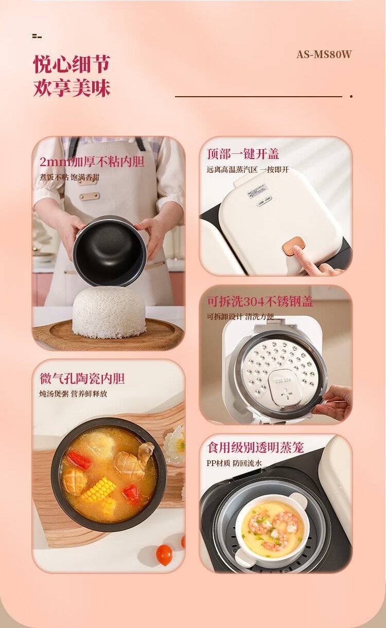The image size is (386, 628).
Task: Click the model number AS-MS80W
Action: pyautogui.click(x=324, y=54)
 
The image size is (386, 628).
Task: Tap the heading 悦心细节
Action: pyautogui.click(x=72, y=64)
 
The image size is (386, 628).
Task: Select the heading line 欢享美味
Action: pyautogui.click(x=72, y=88)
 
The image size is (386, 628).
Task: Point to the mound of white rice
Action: pyautogui.click(x=109, y=312)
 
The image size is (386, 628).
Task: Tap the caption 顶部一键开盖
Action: pyautogui.click(x=243, y=154)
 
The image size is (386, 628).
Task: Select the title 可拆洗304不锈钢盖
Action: pyautogui.click(x=260, y=302)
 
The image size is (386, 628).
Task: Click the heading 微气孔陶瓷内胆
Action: pyautogui.click(x=82, y=379)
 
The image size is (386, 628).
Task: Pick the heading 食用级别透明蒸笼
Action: pyautogui.click(x=256, y=447)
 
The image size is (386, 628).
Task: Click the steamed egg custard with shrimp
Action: pyautogui.click(x=272, y=527)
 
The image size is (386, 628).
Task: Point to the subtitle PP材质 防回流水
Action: pyautogui.click(x=234, y=463)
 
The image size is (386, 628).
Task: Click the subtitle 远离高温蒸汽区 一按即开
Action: pyautogui.click(x=248, y=170)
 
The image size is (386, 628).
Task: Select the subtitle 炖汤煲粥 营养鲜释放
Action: pyautogui.click(x=73, y=393)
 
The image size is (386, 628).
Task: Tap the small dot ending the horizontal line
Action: pyautogui.click(x=351, y=97)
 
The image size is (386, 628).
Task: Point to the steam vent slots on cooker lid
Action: pyautogui.click(x=262, y=203)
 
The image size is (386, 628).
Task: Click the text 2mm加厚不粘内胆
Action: pyautogui.click(x=92, y=162)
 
